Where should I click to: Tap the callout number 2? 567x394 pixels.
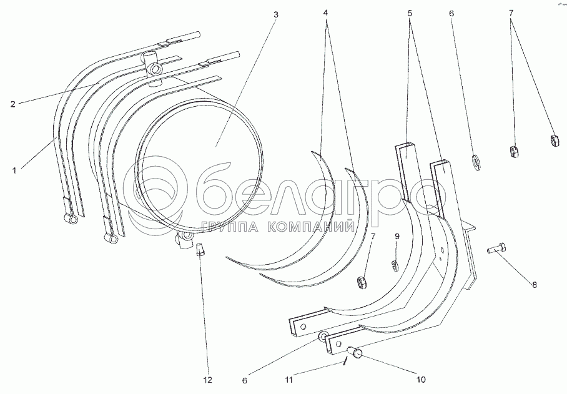12,104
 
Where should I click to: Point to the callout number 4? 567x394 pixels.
326,12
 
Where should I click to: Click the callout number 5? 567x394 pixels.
410,12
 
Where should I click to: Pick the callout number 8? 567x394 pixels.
535,285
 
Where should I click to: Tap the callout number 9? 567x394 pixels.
395,237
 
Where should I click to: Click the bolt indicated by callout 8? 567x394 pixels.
496,249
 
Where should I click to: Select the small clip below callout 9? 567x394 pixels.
395,266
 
